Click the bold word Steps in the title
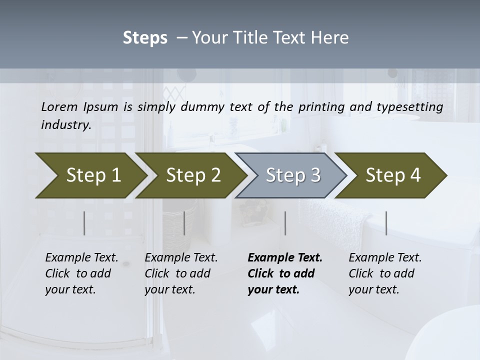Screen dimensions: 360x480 coord(145,38)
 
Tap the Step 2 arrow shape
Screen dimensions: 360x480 coord(190,175)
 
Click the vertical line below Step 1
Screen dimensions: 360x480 coord(84,223)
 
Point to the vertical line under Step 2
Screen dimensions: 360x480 coord(184,223)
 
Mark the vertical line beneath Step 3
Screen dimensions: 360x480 coord(285,223)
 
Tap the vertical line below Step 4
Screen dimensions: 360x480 coord(386,223)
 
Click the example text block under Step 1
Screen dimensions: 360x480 coord(81,273)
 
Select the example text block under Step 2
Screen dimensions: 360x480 coord(181,273)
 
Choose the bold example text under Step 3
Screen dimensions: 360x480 coord(285,273)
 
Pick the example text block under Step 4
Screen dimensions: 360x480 coord(385,273)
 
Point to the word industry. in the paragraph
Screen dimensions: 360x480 coord(66,125)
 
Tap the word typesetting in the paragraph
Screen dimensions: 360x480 coord(415,106)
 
